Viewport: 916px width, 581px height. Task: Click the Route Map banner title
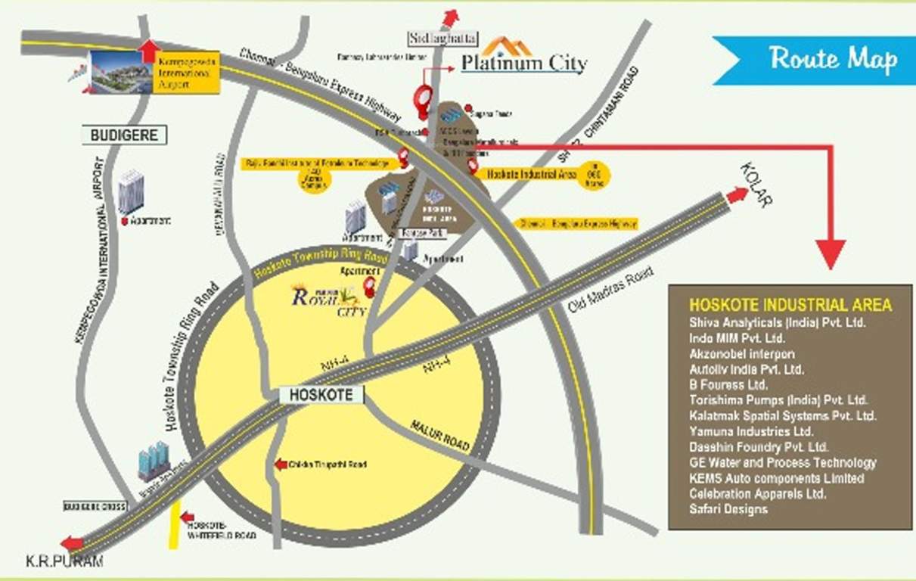click(833, 58)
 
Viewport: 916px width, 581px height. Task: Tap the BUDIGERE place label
click(123, 135)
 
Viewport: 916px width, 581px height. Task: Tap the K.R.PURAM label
click(64, 561)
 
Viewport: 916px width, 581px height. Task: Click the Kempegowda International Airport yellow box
click(186, 72)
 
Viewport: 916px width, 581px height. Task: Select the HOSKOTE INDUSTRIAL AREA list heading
click(790, 306)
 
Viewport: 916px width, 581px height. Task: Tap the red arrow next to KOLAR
click(736, 195)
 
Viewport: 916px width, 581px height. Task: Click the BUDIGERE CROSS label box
click(95, 506)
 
